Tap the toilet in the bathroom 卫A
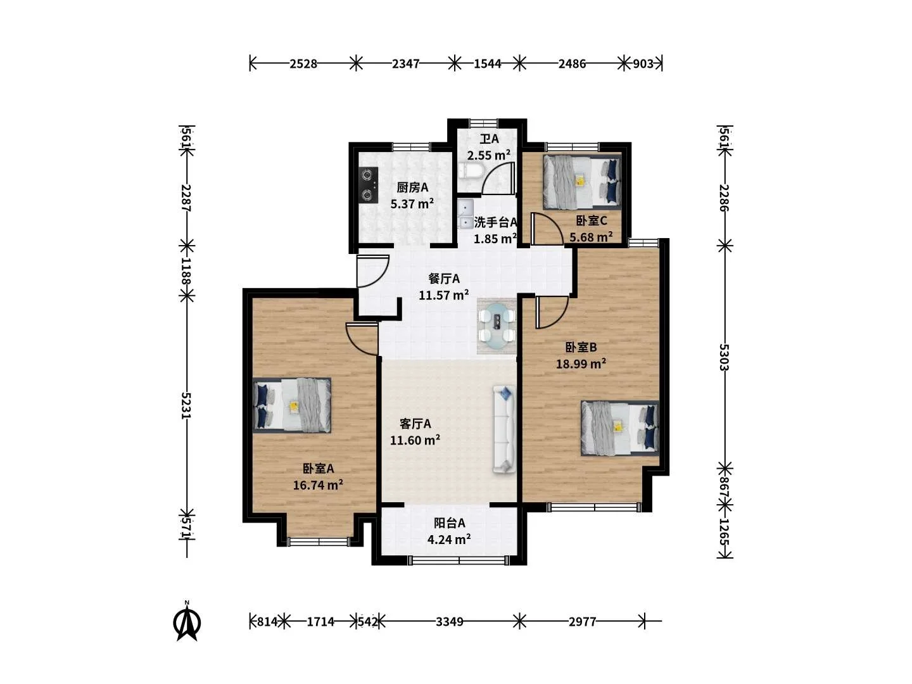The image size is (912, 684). tap(471, 171)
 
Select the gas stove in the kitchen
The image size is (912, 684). tap(369, 185)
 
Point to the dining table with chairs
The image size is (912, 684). tap(497, 326)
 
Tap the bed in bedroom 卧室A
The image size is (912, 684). tap(292, 405)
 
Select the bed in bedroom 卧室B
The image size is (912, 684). tap(620, 428)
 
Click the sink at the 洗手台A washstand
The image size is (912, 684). tap(465, 214)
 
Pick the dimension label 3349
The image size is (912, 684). tap(450, 622)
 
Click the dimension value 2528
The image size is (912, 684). tap(303, 64)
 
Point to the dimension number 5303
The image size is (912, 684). tap(724, 357)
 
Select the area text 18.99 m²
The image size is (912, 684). tap(581, 364)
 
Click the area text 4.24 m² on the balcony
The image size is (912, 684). tap(449, 540)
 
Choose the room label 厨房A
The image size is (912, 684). tap(412, 187)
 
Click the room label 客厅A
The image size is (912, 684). tap(415, 424)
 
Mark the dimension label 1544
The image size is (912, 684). tap(488, 64)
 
